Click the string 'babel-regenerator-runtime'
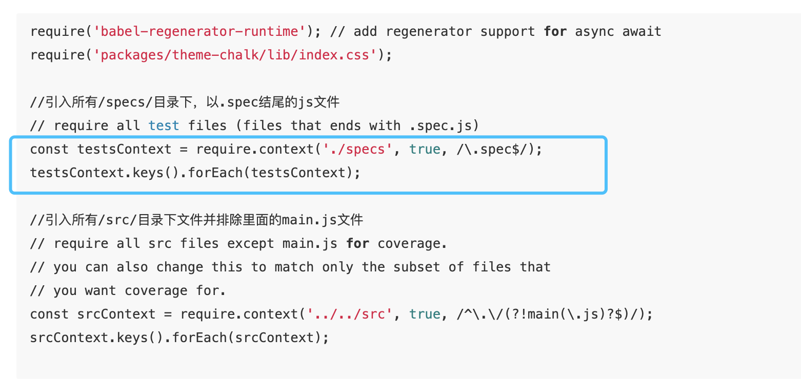(x=200, y=32)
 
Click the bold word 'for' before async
(x=555, y=32)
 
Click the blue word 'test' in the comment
(x=164, y=126)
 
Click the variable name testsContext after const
(x=125, y=150)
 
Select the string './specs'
(x=357, y=150)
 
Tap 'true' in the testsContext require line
(x=425, y=150)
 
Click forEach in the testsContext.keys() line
(x=215, y=173)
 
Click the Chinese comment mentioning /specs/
(x=185, y=102)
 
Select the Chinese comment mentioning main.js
(x=196, y=220)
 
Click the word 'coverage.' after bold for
(x=412, y=244)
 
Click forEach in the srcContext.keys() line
(x=200, y=338)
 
